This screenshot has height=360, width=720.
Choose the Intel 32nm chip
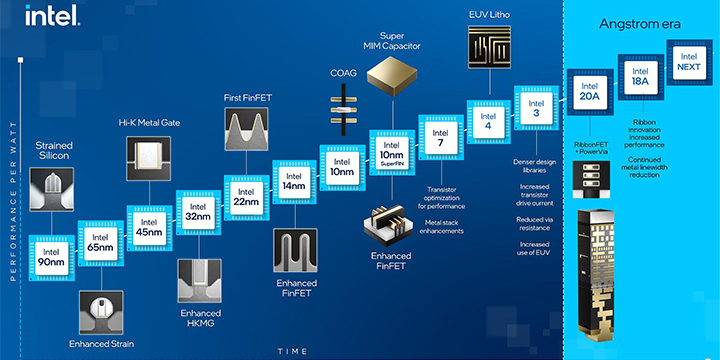click(196, 213)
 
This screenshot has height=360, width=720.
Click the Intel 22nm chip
click(245, 198)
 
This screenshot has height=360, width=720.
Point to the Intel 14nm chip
click(293, 182)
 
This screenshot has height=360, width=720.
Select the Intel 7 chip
click(440, 141)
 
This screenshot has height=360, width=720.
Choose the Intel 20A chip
click(588, 91)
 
